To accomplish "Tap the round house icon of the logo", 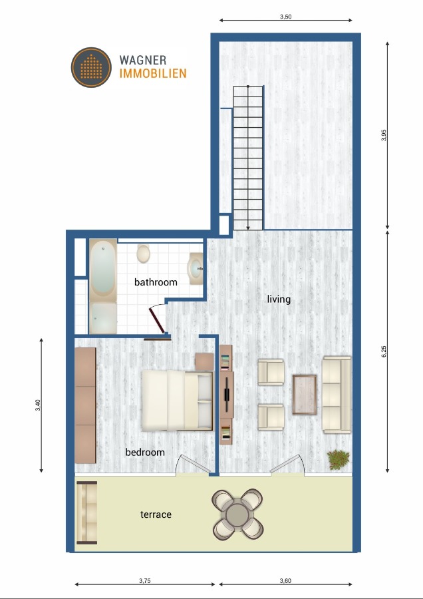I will [x=91, y=67].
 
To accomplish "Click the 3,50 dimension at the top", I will [x=286, y=17].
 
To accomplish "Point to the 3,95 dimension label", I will [x=384, y=135].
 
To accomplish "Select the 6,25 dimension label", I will [x=384, y=351].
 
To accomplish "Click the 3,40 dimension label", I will [x=38, y=405].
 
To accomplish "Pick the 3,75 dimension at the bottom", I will [x=144, y=581].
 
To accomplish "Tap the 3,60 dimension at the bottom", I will [x=285, y=581].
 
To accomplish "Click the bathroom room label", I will [x=156, y=282].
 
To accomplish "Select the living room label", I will [x=279, y=299].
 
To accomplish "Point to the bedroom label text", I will [x=145, y=453].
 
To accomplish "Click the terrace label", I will [x=156, y=514].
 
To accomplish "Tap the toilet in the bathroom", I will [x=143, y=253].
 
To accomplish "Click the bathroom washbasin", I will [x=196, y=269].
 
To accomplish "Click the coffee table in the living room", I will [x=305, y=394].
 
